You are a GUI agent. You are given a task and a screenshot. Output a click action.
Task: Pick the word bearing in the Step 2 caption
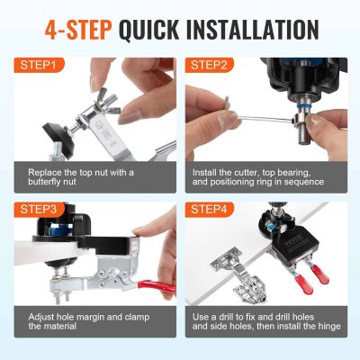click(318, 171)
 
